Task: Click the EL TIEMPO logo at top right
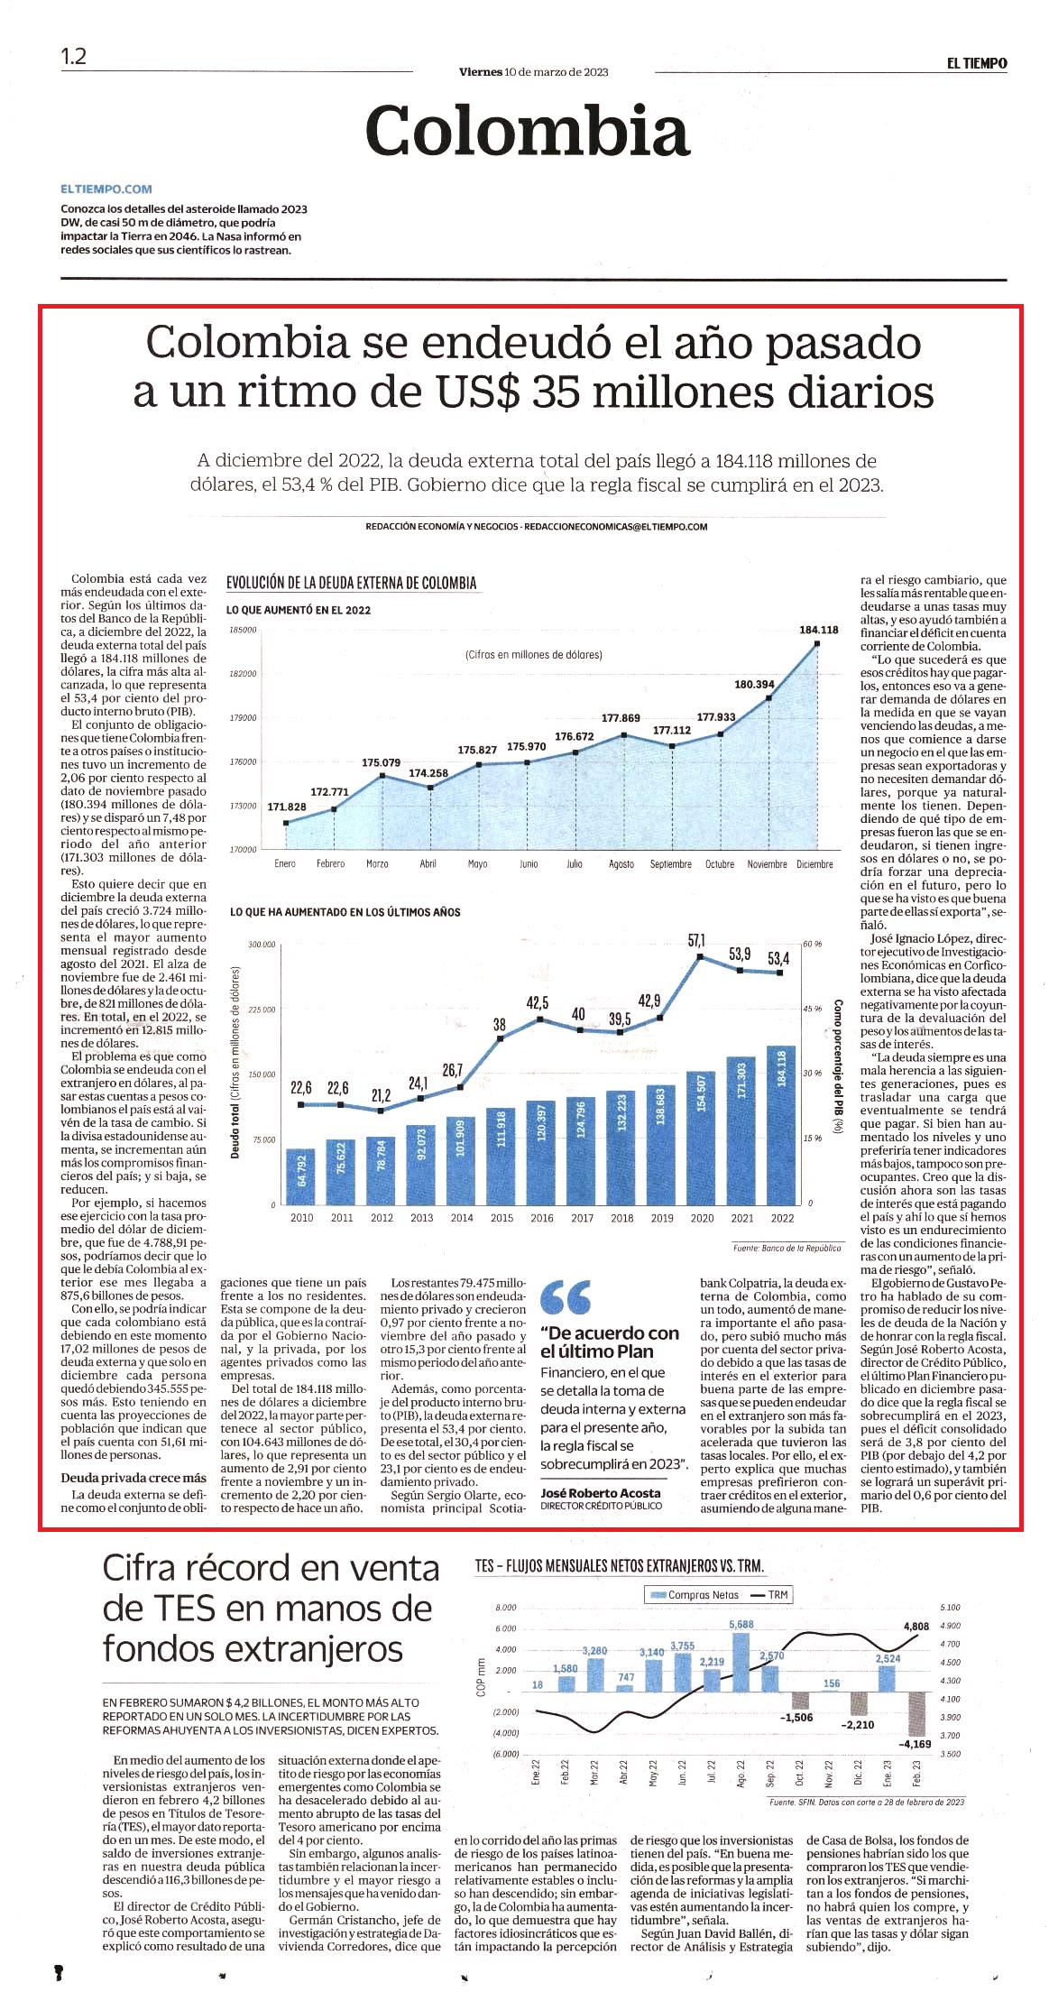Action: [x=977, y=63]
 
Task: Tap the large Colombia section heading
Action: [x=528, y=131]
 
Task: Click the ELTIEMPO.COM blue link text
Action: [x=106, y=189]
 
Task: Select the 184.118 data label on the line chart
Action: [x=819, y=630]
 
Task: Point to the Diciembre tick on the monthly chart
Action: [x=814, y=864]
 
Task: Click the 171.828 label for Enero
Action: [x=287, y=807]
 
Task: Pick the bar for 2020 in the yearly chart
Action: [x=702, y=1138]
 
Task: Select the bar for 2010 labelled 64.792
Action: [x=301, y=1177]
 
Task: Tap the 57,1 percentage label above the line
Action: [x=697, y=940]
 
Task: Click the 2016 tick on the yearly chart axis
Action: [x=542, y=1218]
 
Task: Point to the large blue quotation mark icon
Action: [x=566, y=1296]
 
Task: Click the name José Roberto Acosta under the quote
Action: [x=601, y=1493]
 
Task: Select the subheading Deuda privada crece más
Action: [x=133, y=1478]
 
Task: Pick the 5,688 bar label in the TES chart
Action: [x=741, y=1625]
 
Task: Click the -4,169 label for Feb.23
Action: [x=915, y=1744]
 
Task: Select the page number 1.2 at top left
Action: [x=74, y=56]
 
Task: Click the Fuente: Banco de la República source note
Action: [x=787, y=1249]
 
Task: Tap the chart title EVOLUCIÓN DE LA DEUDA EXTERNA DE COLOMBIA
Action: [x=352, y=583]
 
